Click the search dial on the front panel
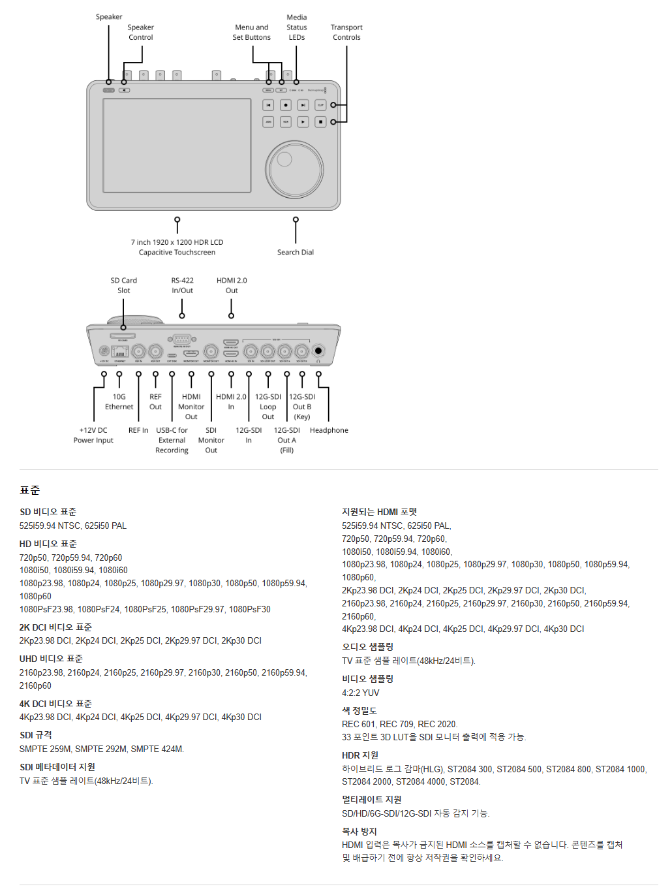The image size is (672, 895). tap(294, 168)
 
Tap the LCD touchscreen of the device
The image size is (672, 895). tap(177, 146)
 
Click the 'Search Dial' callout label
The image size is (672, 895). tap(295, 253)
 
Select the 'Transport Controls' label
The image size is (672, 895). tap(346, 33)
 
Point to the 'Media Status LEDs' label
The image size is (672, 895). tap(297, 27)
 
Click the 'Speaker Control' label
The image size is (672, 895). tap(140, 33)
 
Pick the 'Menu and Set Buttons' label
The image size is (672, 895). tap(252, 33)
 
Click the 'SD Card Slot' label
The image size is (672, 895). tap(123, 286)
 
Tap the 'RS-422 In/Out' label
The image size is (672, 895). tap(182, 286)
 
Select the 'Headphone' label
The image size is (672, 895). tap(329, 431)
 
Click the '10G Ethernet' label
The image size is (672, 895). tap(119, 402)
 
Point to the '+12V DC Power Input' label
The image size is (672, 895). tap(93, 435)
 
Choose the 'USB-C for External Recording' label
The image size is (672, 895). tap(172, 441)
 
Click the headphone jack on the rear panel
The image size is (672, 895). tap(318, 351)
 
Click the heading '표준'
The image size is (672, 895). tap(30, 490)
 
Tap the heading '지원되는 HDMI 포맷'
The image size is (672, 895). tap(379, 512)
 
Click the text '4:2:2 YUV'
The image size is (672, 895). tap(360, 693)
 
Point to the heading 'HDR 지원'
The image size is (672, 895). tap(360, 756)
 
